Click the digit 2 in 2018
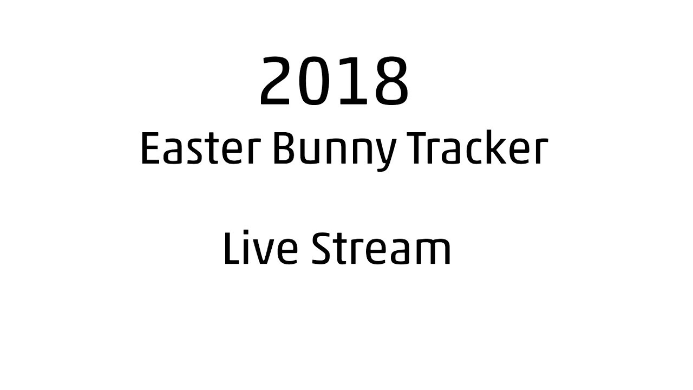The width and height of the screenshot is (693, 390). click(x=279, y=81)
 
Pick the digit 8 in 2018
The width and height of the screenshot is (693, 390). click(x=388, y=81)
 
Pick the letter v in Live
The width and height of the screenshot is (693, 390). click(x=262, y=252)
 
